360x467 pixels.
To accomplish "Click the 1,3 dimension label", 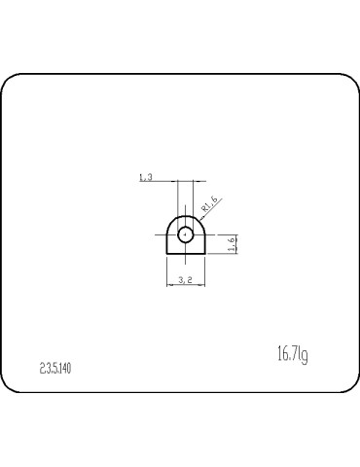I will click(146, 176).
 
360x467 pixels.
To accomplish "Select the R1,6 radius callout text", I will click(208, 205).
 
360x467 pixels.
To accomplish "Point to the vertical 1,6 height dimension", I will click(232, 244).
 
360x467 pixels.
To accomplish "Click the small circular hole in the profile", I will click(185, 233).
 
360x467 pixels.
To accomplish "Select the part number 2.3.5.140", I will click(55, 368).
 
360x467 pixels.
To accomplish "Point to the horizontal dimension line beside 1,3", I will click(161, 182).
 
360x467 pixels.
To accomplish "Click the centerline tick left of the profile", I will click(160, 233).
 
